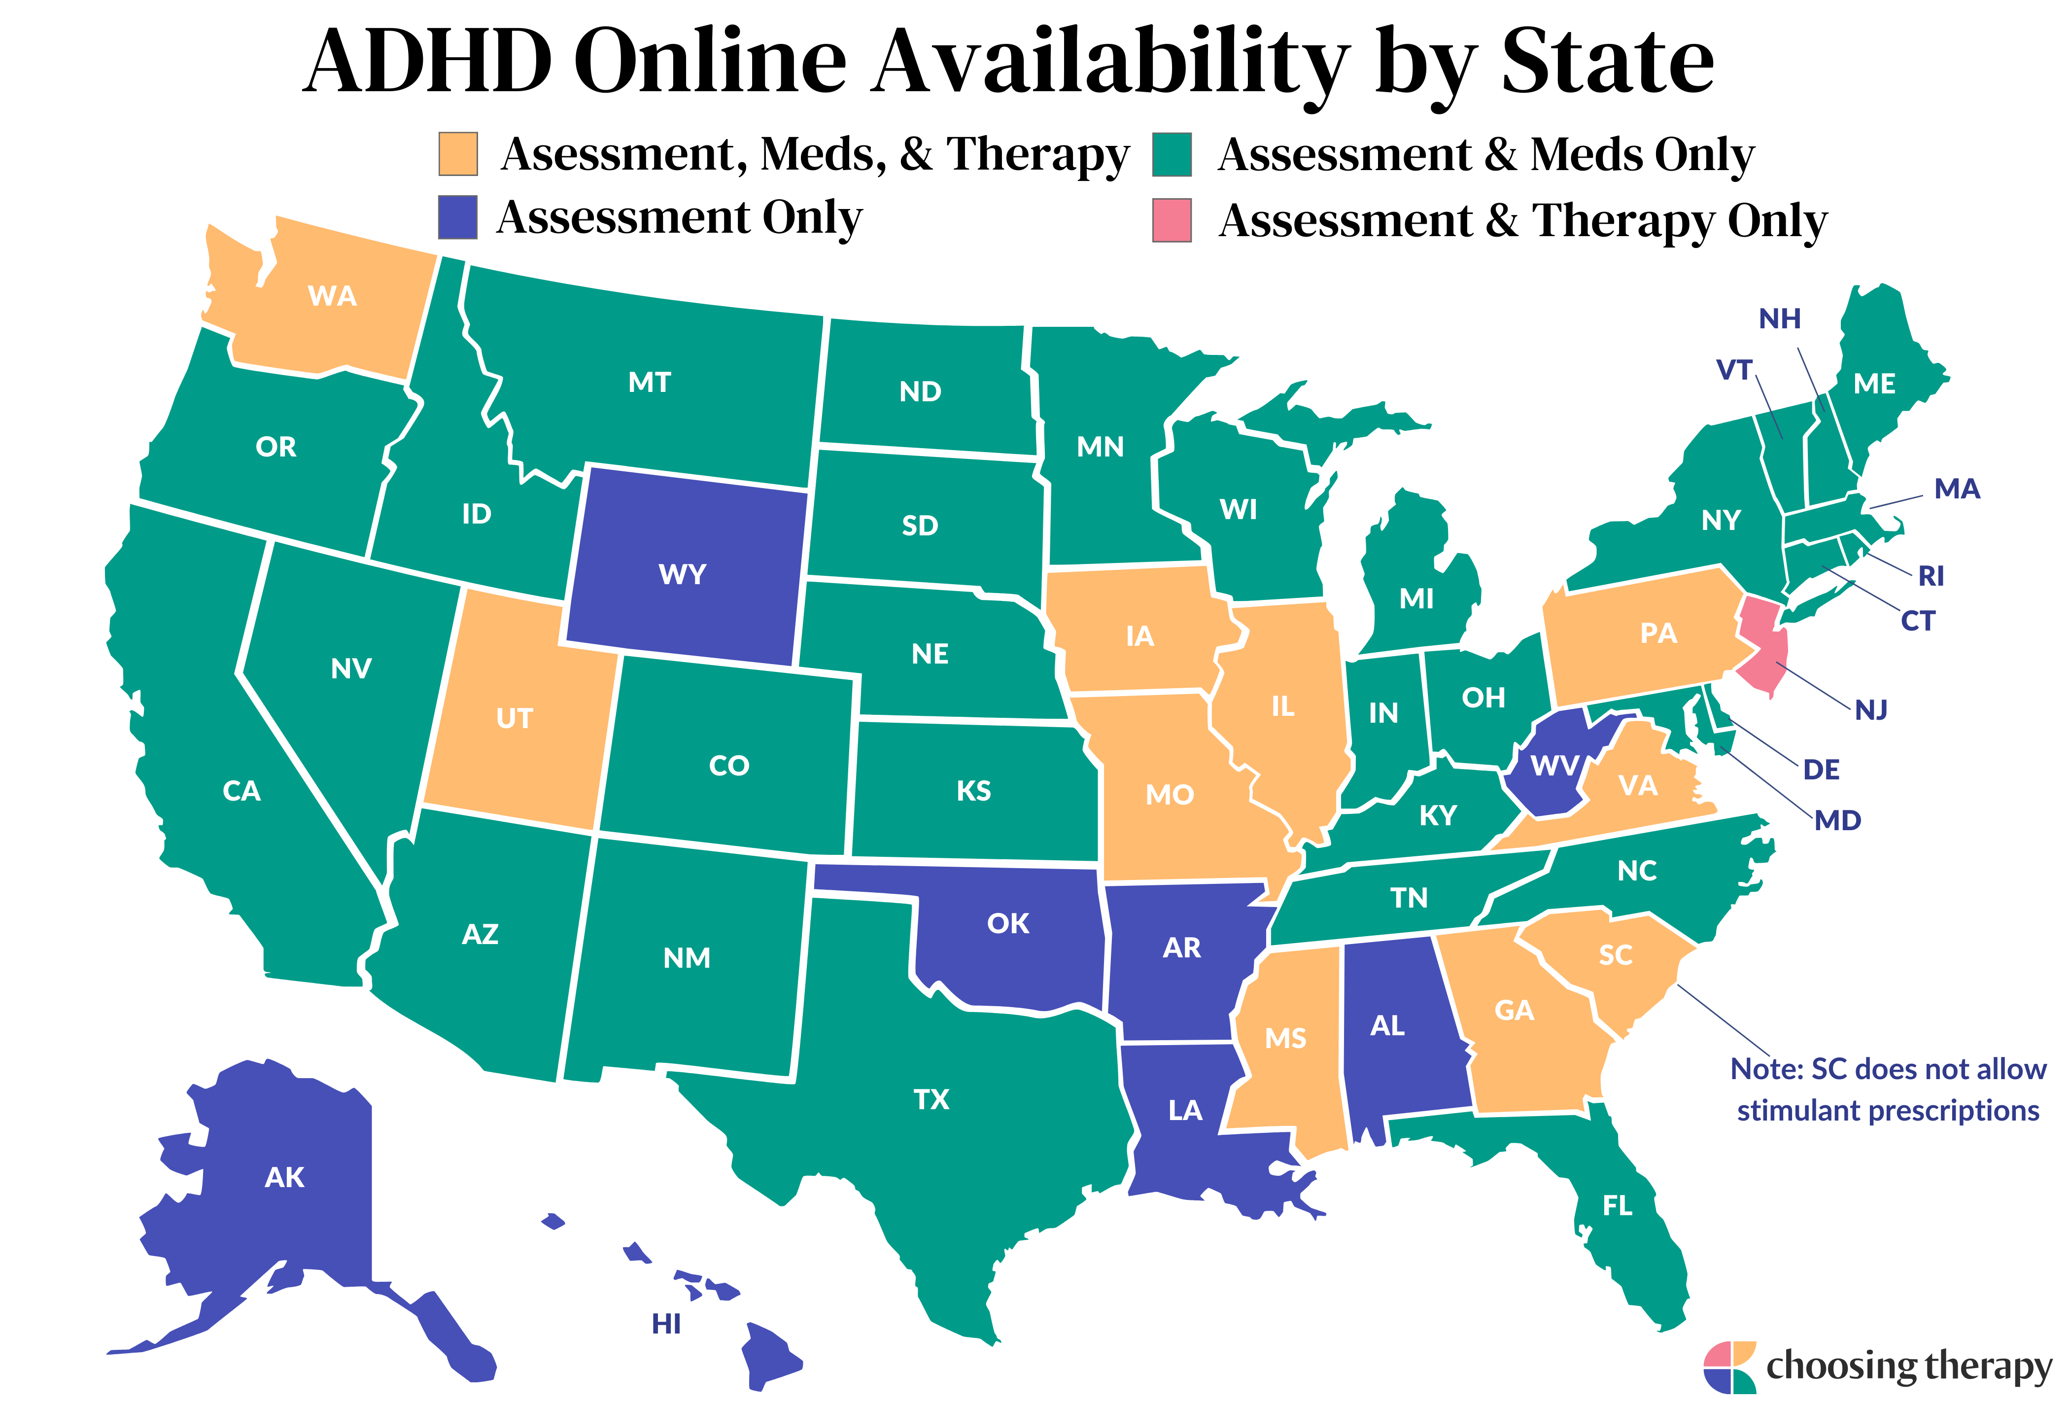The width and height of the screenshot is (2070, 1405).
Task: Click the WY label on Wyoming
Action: coord(682,575)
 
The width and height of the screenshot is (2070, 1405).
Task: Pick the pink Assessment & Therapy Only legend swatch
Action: coord(1172,220)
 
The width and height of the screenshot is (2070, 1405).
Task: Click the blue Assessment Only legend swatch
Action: coord(458,217)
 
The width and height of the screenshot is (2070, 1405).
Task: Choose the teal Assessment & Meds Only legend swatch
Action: coord(1172,154)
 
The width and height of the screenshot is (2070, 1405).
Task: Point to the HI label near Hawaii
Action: coord(666,1325)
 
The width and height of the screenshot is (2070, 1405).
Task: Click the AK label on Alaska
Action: coord(285,1178)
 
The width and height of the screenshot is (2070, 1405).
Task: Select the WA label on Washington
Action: coord(332,296)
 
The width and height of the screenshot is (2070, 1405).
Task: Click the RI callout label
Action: coord(1931,576)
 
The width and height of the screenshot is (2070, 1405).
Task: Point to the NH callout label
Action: coord(1780,319)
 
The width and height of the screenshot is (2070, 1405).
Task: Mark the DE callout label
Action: coord(1822,770)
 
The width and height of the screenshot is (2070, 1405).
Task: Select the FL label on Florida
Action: coord(1618,1206)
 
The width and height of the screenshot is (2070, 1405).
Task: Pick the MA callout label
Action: coord(1957,489)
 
